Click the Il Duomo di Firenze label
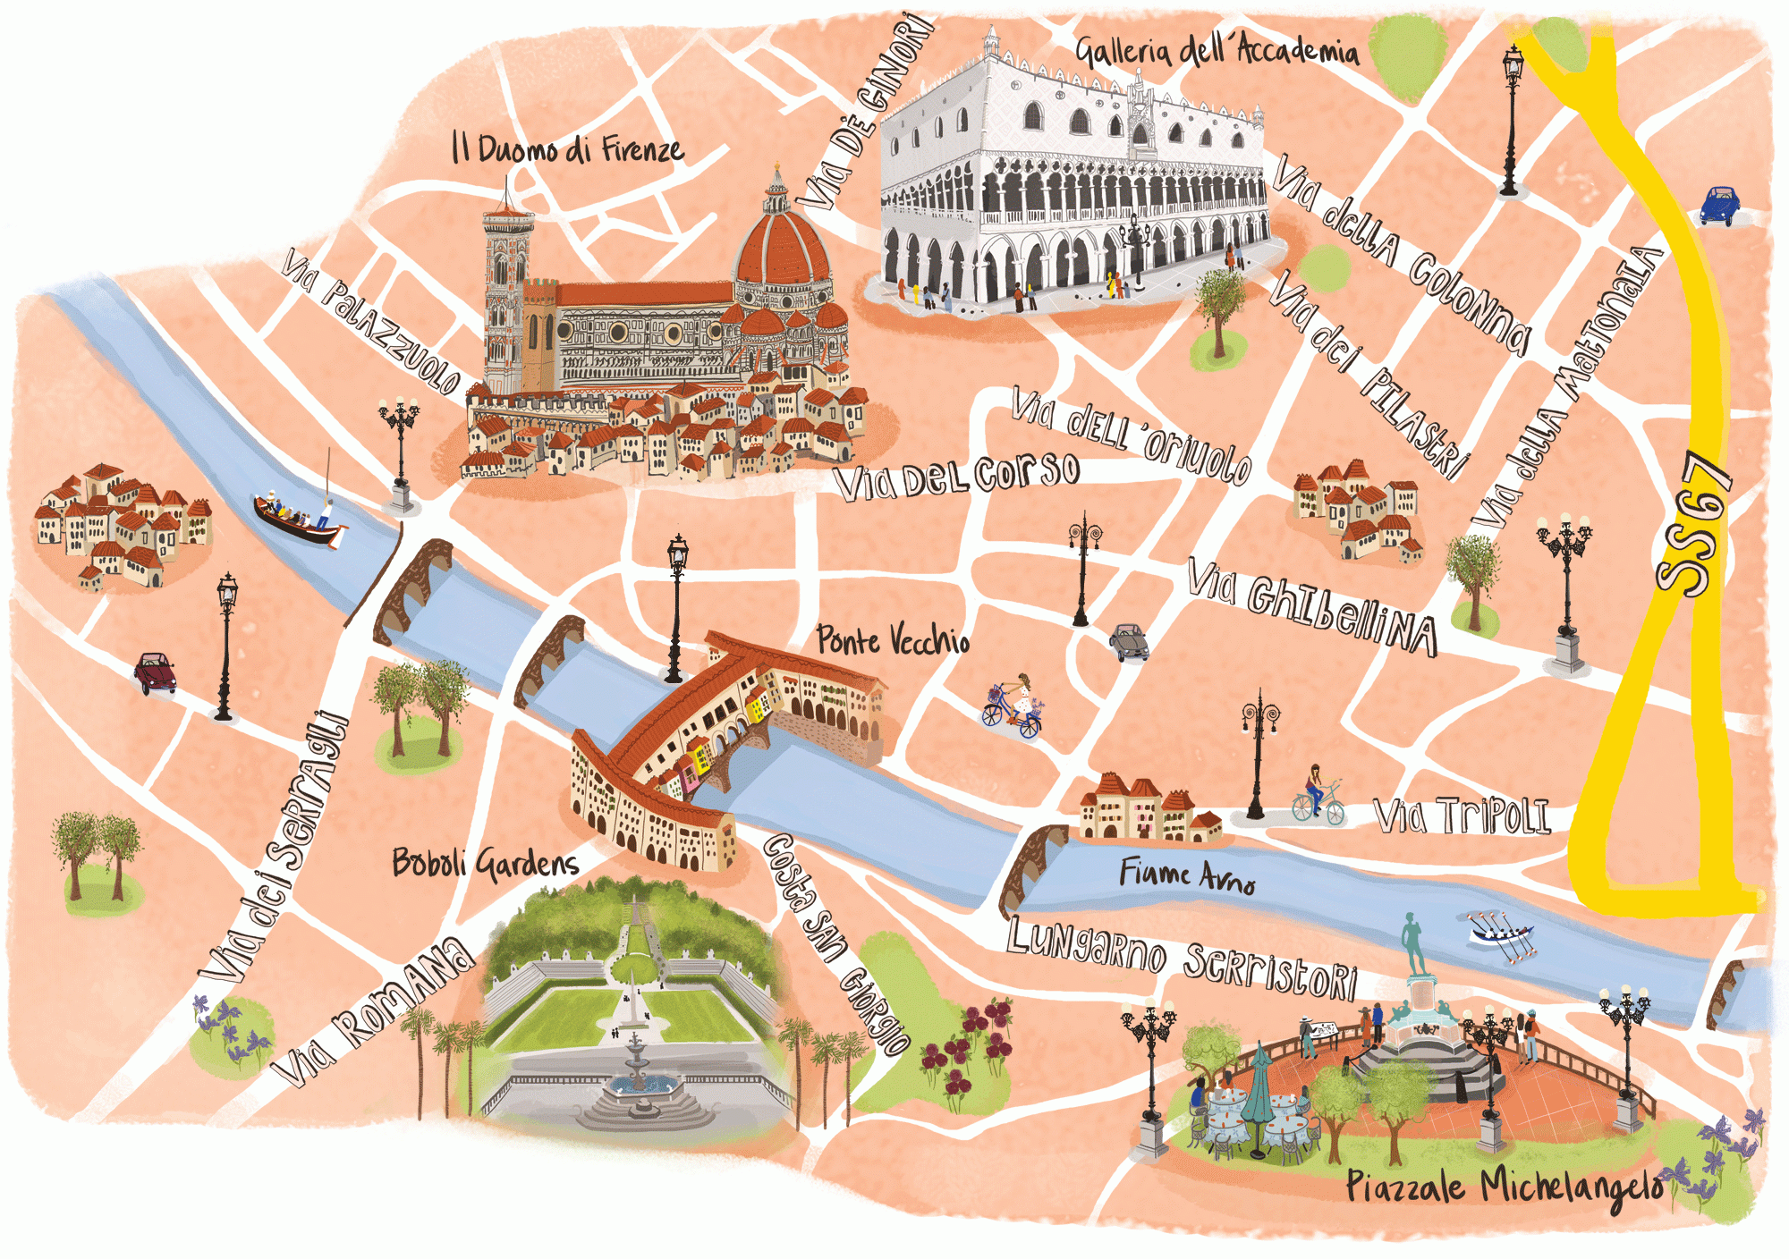tap(567, 148)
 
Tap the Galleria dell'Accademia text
tap(1217, 50)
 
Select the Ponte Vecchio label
tap(893, 640)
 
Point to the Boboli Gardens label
tap(486, 863)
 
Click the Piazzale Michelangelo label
tap(1505, 1187)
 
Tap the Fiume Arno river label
tap(1187, 875)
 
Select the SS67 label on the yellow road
tap(1693, 526)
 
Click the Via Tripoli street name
tap(1462, 815)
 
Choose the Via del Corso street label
tap(957, 475)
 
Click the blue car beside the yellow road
tap(1719, 206)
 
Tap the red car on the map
tap(156, 672)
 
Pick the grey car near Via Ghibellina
tap(1130, 641)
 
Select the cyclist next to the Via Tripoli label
tap(1318, 795)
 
